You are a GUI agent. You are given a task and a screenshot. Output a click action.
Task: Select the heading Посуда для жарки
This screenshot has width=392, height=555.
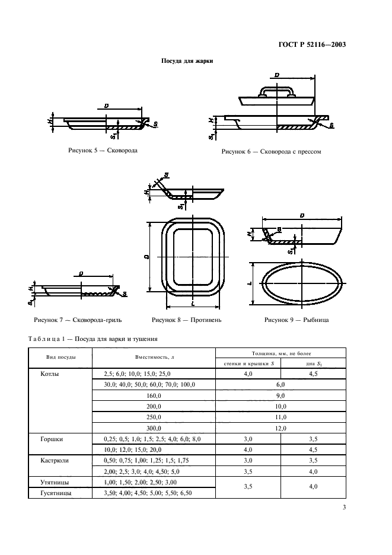coord(187,61)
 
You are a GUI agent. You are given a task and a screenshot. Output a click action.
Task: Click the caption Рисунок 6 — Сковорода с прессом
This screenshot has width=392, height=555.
coord(271,152)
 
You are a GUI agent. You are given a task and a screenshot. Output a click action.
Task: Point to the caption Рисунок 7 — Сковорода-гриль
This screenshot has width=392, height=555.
coord(78,320)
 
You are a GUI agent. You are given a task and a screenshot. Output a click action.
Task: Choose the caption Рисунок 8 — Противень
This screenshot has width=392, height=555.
coord(187,320)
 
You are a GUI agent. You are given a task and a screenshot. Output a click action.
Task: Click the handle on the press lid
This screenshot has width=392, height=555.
coord(277,90)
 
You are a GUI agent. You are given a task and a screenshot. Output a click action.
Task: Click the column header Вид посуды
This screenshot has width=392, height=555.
coord(60,358)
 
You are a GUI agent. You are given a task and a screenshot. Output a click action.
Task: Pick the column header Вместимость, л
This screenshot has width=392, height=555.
coord(154,358)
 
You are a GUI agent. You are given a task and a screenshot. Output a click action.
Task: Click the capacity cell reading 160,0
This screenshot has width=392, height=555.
coord(154,395)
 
